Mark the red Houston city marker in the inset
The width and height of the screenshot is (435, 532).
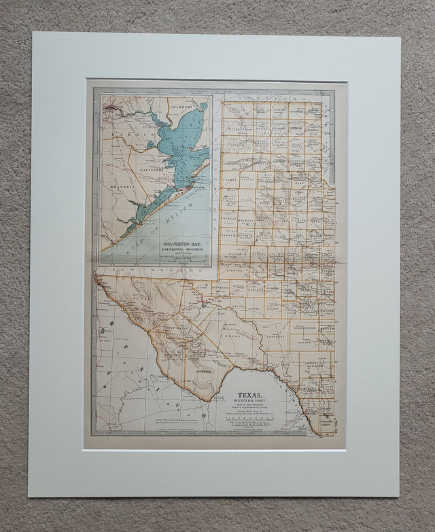[x=111, y=107]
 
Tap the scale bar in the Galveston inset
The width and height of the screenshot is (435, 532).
[x=180, y=259]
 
